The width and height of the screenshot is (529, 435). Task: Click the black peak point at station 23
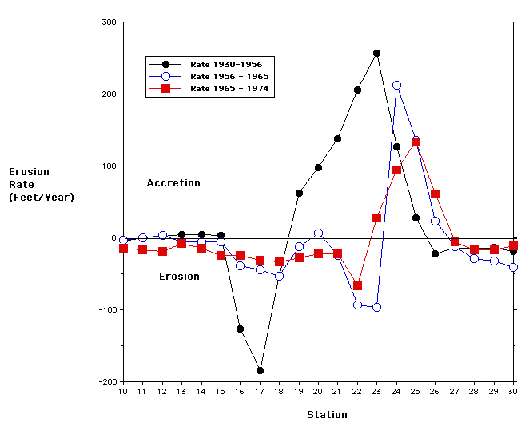[x=376, y=54]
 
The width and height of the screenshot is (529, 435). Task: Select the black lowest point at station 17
[x=260, y=370]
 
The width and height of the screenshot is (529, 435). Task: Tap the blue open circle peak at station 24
[x=396, y=85]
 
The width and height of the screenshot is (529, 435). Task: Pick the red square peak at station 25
[x=416, y=142]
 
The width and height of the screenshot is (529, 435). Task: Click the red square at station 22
[x=357, y=285]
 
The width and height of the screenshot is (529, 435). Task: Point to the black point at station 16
[x=240, y=329]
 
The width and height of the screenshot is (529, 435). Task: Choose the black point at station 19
[x=299, y=193]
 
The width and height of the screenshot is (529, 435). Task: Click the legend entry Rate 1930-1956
[x=226, y=64]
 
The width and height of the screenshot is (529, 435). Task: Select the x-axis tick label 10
[x=123, y=392]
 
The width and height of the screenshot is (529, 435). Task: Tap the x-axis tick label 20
[x=318, y=392]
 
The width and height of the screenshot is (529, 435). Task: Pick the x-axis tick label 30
[x=513, y=392]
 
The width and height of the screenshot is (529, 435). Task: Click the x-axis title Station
[x=328, y=415]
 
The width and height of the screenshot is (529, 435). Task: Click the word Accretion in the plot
[x=173, y=183]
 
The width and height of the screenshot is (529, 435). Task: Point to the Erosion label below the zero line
[x=179, y=277]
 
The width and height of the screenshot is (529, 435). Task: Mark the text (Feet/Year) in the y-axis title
[x=42, y=197]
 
